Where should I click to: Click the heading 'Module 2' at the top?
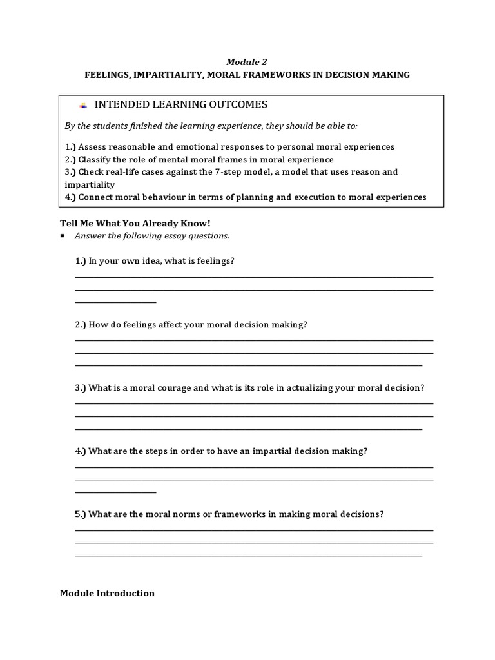pyautogui.click(x=247, y=62)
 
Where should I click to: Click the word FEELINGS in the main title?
pyautogui.click(x=106, y=75)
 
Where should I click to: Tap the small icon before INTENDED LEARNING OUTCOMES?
pyautogui.click(x=82, y=105)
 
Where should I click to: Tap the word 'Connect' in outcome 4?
pyautogui.click(x=97, y=197)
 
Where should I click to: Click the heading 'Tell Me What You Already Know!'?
pyautogui.click(x=135, y=223)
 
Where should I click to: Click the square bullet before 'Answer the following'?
pyautogui.click(x=63, y=236)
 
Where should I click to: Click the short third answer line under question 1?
pyautogui.click(x=116, y=302)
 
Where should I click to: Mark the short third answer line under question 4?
pyautogui.click(x=116, y=492)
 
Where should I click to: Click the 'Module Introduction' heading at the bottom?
pyautogui.click(x=107, y=593)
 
